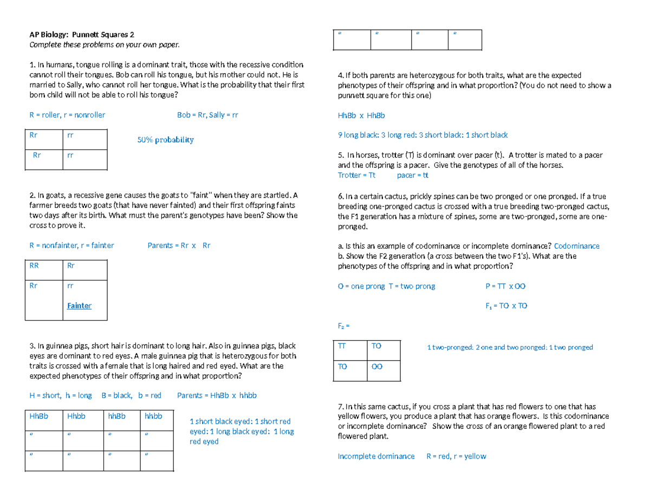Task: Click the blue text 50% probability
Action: point(165,140)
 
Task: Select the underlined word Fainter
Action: point(79,306)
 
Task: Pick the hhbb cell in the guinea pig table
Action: point(154,416)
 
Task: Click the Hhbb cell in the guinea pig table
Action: point(77,416)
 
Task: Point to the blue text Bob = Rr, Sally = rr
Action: point(207,115)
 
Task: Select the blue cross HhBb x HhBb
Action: point(361,115)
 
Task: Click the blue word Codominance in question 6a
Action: point(577,246)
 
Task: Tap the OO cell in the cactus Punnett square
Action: point(377,367)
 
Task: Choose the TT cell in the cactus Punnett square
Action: point(343,345)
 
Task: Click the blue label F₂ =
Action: point(344,327)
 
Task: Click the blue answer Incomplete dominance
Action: point(376,456)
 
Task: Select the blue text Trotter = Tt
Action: point(356,175)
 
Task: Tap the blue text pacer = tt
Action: point(413,175)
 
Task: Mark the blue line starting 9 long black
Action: point(422,135)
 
